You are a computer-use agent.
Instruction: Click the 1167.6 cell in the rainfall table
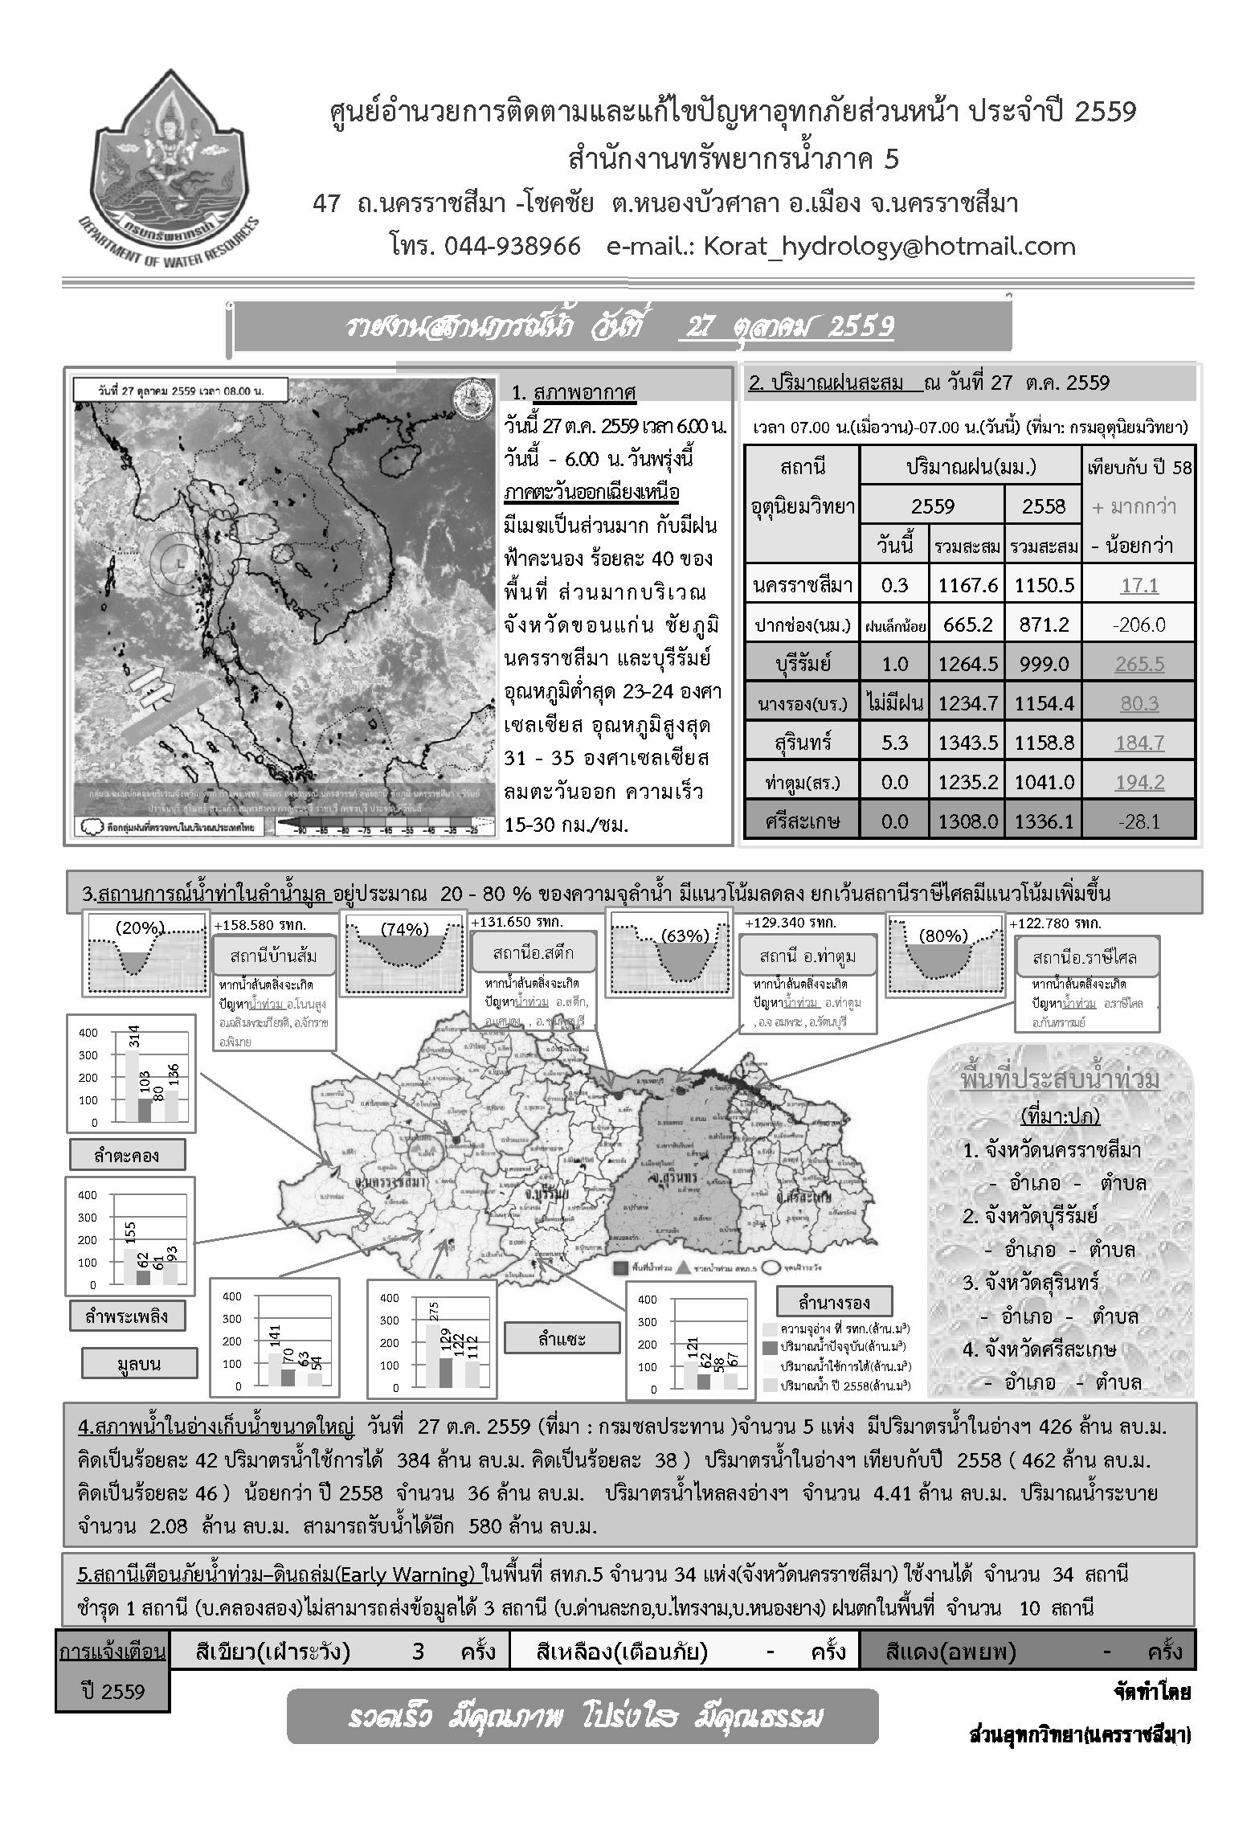pos(967,585)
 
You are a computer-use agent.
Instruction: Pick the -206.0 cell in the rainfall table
pos(1139,624)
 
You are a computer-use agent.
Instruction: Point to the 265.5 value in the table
pos(1139,664)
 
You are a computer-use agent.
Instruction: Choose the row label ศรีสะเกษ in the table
pos(801,821)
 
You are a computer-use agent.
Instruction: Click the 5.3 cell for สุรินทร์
pos(894,743)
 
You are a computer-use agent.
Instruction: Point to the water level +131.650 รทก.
pos(517,922)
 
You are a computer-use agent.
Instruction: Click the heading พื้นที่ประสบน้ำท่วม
pos(1060,1080)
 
